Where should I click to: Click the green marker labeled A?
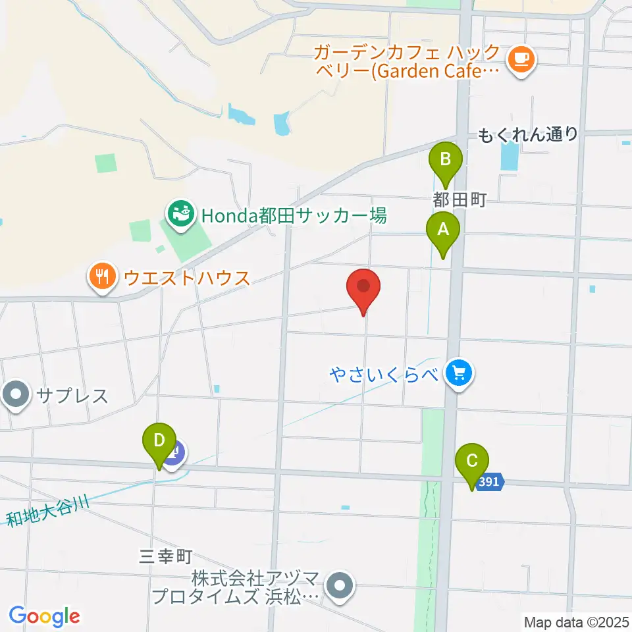click(x=443, y=230)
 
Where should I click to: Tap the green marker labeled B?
click(x=446, y=160)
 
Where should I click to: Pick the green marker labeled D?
click(x=159, y=440)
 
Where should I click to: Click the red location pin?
click(x=363, y=288)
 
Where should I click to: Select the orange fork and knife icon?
click(x=102, y=276)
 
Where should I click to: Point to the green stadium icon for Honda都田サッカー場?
click(x=180, y=213)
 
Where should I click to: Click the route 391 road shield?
click(x=490, y=483)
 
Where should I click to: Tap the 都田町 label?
click(x=459, y=200)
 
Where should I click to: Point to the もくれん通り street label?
click(x=528, y=135)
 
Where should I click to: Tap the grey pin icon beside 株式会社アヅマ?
click(x=340, y=583)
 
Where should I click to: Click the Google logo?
click(x=44, y=616)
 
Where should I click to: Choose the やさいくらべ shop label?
click(x=384, y=374)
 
